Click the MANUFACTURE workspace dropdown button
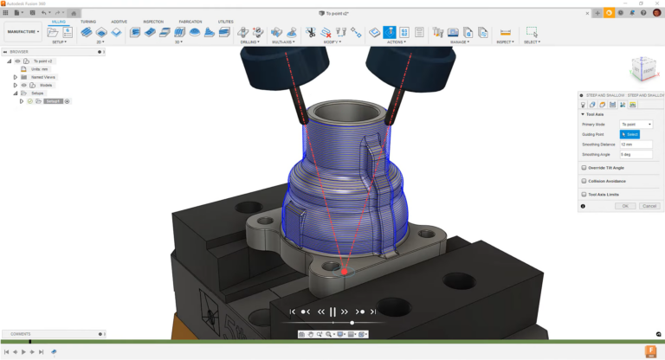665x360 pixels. click(23, 31)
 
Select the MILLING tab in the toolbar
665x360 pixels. click(58, 22)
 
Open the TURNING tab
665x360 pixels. click(88, 22)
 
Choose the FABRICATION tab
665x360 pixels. click(190, 22)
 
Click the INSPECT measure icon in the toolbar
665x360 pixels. click(506, 32)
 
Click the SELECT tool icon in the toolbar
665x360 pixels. click(532, 32)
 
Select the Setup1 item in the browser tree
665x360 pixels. click(54, 101)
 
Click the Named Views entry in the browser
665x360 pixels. click(43, 77)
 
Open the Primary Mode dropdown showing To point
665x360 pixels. click(636, 125)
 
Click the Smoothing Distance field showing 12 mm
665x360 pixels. click(636, 145)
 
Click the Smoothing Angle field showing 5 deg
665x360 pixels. click(636, 154)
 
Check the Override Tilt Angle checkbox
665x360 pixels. click(584, 168)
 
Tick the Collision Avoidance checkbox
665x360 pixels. click(584, 181)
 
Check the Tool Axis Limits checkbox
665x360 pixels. click(584, 195)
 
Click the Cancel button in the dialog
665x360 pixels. click(649, 206)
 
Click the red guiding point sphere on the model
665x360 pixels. click(345, 271)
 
